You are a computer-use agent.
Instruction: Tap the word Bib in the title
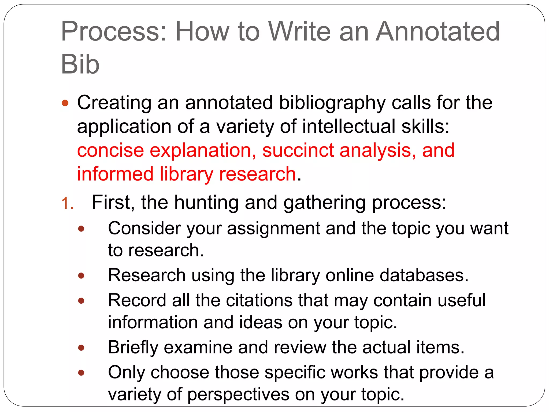click(x=80, y=65)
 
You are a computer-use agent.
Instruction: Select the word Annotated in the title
click(x=437, y=32)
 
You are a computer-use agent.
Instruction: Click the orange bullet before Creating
click(x=65, y=103)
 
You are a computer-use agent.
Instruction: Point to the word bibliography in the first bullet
click(x=332, y=103)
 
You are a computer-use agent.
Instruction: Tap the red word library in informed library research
click(x=186, y=174)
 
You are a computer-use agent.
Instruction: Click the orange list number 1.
click(x=67, y=203)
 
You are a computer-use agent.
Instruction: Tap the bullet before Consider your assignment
click(x=81, y=229)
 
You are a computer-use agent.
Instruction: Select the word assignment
click(x=273, y=229)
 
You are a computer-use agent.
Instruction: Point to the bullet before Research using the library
click(x=81, y=276)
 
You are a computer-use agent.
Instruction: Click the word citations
click(x=259, y=300)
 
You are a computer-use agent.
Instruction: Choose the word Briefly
click(x=133, y=348)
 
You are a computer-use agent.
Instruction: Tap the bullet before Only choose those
click(x=81, y=373)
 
